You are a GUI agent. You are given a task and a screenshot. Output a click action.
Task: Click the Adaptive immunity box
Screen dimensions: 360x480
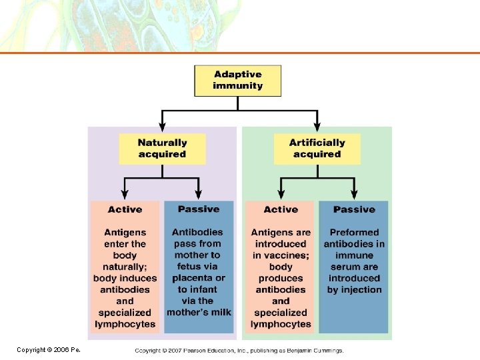(237, 80)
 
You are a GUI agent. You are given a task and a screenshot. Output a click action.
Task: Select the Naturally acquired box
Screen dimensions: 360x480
(162, 149)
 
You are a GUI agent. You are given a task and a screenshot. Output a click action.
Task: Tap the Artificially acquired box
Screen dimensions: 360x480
(317, 149)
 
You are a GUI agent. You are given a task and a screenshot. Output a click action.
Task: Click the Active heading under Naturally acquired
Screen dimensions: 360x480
(125, 209)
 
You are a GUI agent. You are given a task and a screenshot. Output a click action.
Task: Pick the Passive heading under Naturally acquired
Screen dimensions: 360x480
(199, 209)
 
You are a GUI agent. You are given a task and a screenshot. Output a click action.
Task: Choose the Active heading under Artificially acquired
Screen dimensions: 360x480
(281, 209)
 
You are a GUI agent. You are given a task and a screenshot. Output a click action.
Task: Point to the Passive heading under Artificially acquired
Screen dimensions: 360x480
(354, 209)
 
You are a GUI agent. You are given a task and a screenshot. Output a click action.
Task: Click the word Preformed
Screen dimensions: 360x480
(354, 233)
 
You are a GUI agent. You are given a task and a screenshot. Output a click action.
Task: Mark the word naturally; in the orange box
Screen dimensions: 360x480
(125, 267)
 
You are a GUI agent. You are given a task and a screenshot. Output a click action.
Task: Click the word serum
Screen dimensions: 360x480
(345, 267)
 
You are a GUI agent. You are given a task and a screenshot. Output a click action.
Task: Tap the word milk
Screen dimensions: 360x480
(219, 312)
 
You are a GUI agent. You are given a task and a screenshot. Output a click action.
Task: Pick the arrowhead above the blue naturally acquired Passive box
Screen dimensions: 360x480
(199, 195)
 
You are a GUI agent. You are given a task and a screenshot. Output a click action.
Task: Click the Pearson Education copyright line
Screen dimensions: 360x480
(239, 350)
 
